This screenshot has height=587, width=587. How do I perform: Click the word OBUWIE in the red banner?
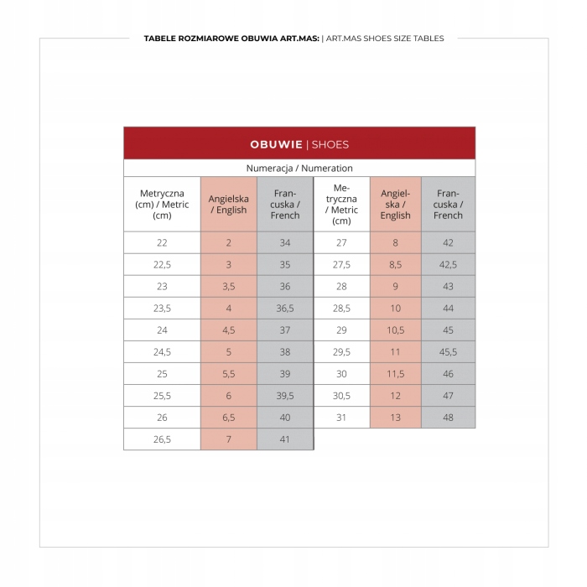pos(276,144)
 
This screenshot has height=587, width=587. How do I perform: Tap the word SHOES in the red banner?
pos(330,144)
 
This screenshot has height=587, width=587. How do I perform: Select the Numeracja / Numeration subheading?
pos(299,168)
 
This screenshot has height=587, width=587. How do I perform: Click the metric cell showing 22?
pos(162,243)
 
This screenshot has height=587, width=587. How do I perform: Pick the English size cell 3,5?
pos(228,287)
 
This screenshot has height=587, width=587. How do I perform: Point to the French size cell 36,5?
pos(285,309)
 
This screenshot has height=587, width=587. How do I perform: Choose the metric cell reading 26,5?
pos(162,439)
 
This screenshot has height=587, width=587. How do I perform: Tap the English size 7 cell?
pos(228,439)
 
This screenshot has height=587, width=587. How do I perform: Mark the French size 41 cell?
pos(285,439)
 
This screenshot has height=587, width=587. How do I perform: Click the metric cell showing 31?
pos(341,418)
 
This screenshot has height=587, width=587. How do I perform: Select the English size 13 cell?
pos(395,418)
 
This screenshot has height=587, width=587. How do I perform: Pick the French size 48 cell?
pos(448,418)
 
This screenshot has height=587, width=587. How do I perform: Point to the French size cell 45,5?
pos(448,352)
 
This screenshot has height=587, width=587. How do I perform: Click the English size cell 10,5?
pos(395,330)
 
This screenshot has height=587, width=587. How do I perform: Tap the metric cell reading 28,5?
pos(341,309)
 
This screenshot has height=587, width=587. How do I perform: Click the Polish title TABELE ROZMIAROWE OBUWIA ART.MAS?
pos(231,39)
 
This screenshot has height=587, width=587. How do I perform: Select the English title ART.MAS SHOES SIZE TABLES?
pos(385,39)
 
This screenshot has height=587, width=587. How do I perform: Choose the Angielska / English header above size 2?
pos(228,205)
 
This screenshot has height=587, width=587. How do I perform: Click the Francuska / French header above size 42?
pos(448,205)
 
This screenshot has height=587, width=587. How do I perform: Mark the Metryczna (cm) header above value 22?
pos(162,205)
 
